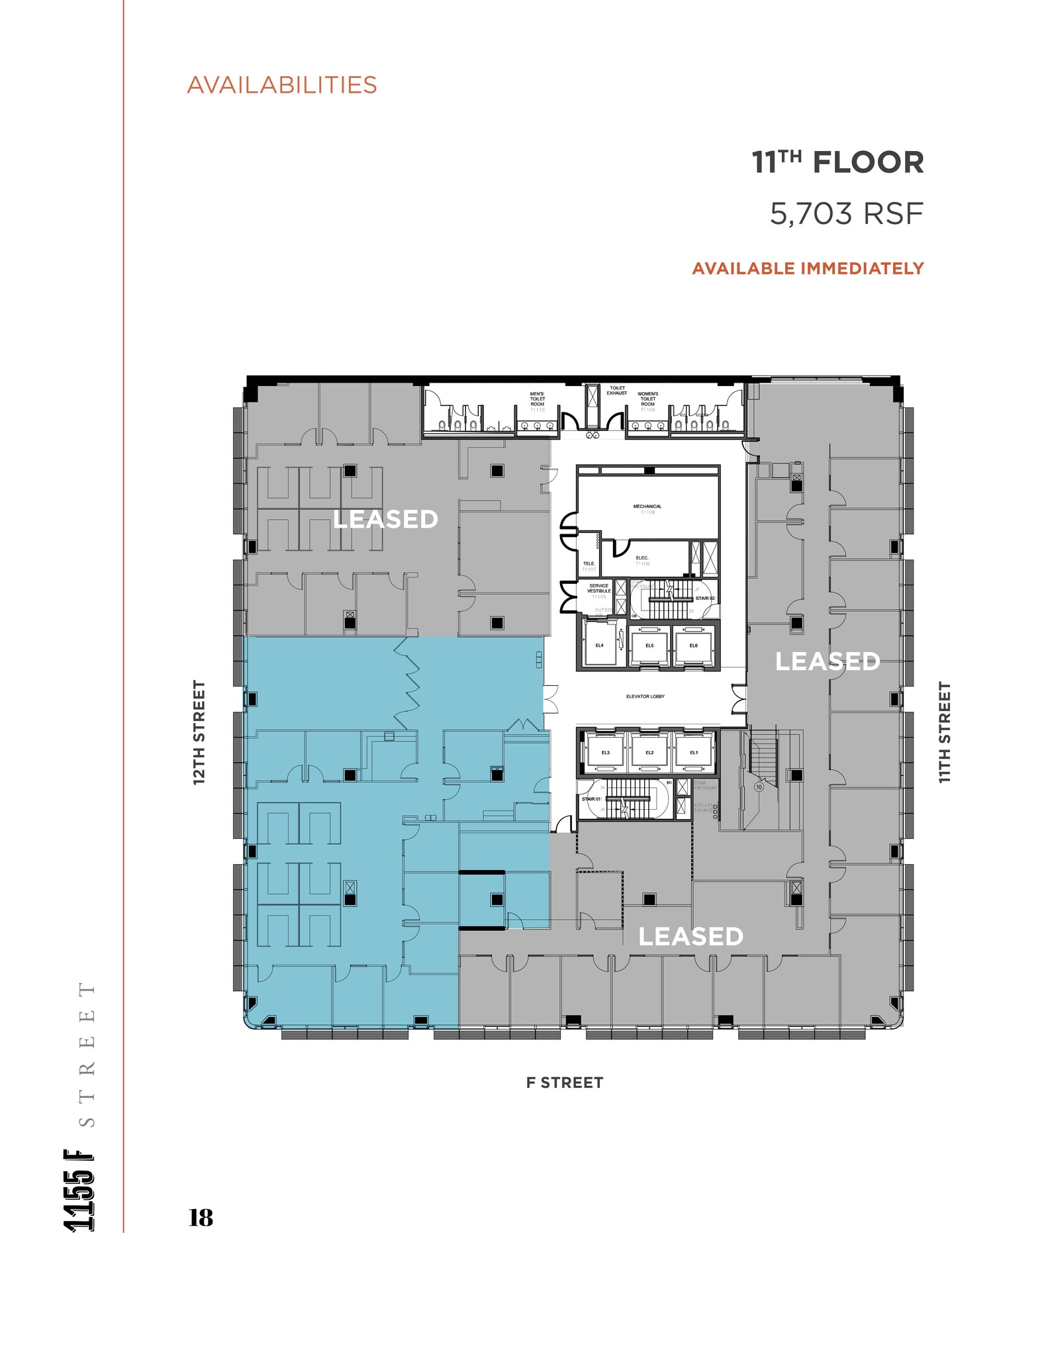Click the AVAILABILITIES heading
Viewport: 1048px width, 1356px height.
(x=282, y=85)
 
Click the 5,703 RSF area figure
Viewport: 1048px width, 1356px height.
(x=846, y=214)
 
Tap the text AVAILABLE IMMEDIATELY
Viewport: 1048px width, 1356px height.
(x=808, y=268)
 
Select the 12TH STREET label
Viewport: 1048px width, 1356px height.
(x=199, y=732)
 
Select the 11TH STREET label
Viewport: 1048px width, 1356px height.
(x=945, y=732)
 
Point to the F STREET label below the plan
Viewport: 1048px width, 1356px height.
(x=565, y=1083)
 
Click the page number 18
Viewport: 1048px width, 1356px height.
(x=201, y=1218)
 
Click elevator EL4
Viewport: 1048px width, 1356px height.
(x=599, y=645)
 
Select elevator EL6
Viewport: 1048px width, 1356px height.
(x=693, y=645)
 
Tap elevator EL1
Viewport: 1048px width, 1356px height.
(x=694, y=753)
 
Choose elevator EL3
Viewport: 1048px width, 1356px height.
(x=605, y=753)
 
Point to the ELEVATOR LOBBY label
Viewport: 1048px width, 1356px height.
(x=645, y=697)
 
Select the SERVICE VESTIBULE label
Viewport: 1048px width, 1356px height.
(x=598, y=589)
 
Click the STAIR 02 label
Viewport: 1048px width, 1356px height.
(x=704, y=599)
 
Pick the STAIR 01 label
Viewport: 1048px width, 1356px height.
(x=591, y=799)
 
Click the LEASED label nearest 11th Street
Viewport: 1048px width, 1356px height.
(x=828, y=661)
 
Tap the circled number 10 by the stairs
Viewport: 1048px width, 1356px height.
(x=759, y=787)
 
